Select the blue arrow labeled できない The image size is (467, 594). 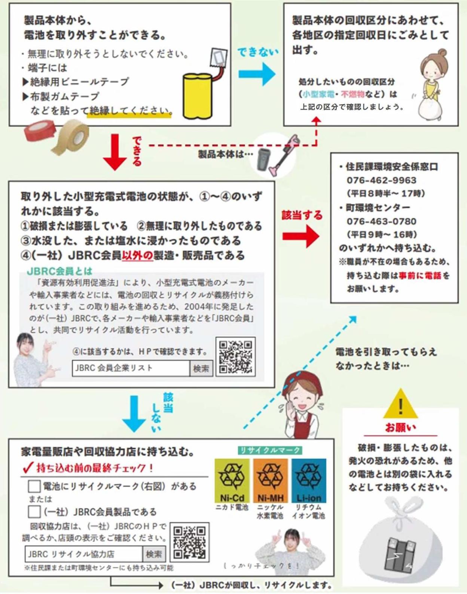(257, 73)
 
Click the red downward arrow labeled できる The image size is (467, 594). (115, 152)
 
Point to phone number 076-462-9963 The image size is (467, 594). (381, 180)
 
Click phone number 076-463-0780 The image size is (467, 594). (381, 221)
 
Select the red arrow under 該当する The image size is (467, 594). (301, 236)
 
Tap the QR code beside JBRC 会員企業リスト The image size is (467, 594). (236, 357)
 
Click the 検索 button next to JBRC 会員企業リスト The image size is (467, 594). (201, 369)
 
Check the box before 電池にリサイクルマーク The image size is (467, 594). (34, 486)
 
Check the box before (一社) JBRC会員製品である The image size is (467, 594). (34, 511)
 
